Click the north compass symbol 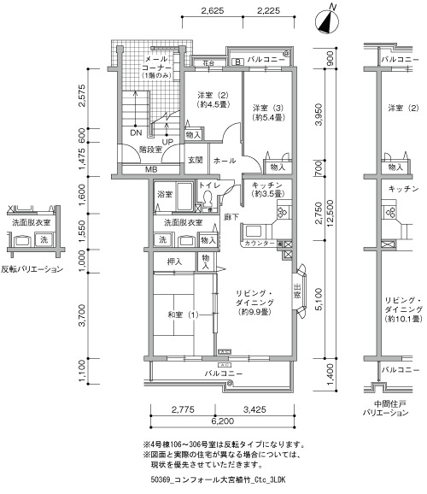[x=327, y=21]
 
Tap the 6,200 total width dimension [x=222, y=420]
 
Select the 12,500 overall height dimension [x=330, y=214]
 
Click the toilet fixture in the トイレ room [x=208, y=198]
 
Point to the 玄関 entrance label [x=196, y=160]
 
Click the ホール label [x=225, y=161]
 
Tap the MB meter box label [x=151, y=169]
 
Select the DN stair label [x=136, y=132]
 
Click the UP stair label [x=167, y=142]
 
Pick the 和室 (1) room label [x=183, y=315]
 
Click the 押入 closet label [x=174, y=262]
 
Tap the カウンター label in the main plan [x=260, y=244]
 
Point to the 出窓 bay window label [x=297, y=291]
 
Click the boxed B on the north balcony [x=237, y=62]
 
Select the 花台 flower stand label [x=208, y=63]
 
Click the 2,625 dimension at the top [x=213, y=11]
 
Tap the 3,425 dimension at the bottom [x=254, y=409]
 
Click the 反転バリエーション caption [x=32, y=269]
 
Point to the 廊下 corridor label [x=231, y=217]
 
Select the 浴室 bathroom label [x=165, y=194]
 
